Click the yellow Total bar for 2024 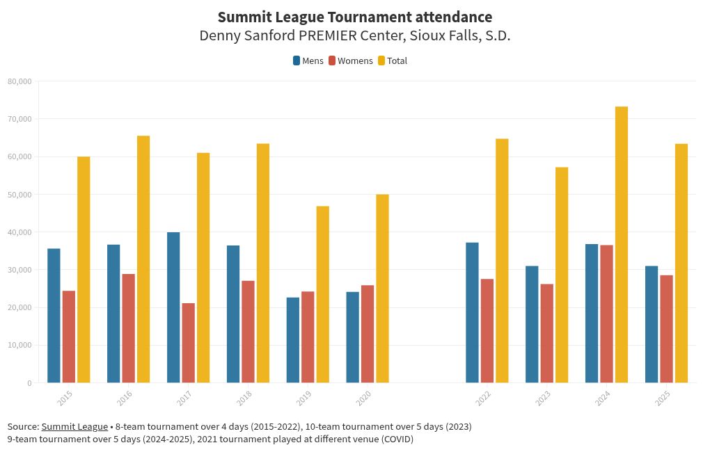pos(622,244)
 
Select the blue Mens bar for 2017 pos(173,307)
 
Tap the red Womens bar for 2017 pos(189,343)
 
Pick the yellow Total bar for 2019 pos(323,294)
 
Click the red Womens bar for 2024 pos(607,314)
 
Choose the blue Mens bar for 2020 pos(353,337)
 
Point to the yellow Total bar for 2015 pos(84,270)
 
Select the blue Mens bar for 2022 pos(472,312)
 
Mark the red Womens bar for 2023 pos(547,333)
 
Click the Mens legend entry pos(308,61)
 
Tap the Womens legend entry pos(351,61)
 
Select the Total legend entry pos(393,61)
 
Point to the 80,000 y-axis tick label pos(19,81)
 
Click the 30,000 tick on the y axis pos(19,270)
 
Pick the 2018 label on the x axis pos(244,398)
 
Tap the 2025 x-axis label pos(663,398)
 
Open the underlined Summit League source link pos(74,426)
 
